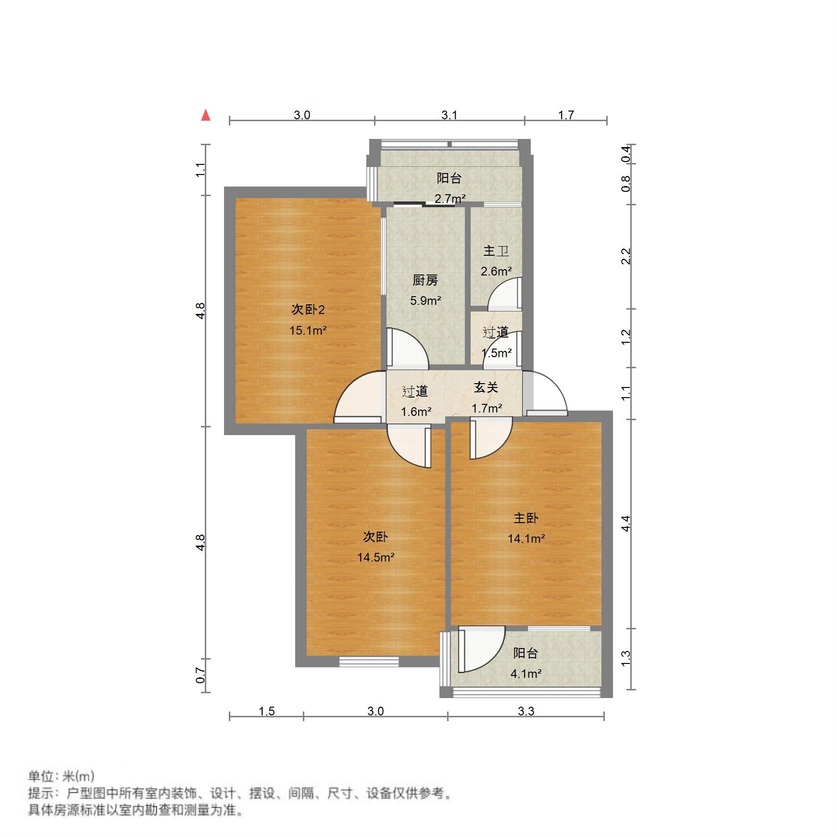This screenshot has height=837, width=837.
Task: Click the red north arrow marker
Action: click(206, 115)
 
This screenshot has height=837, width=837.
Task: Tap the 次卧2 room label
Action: click(308, 310)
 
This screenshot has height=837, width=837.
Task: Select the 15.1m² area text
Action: click(308, 331)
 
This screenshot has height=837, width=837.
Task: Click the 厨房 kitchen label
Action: click(425, 280)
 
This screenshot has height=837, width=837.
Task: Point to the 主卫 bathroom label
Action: click(496, 251)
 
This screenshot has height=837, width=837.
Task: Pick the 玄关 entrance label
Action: click(486, 387)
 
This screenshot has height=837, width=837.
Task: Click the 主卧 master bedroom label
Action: click(526, 518)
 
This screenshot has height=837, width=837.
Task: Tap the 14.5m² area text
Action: click(375, 558)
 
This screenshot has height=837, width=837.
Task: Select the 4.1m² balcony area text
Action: click(526, 674)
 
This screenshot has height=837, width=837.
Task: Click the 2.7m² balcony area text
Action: click(450, 199)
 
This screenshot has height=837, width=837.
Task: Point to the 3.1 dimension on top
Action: click(449, 115)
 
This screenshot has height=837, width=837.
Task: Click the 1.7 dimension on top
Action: click(566, 115)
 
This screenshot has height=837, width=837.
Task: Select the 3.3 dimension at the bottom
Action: click(526, 712)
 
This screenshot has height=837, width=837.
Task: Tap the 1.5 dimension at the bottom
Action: click(266, 712)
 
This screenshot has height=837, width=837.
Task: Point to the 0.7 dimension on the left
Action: click(201, 676)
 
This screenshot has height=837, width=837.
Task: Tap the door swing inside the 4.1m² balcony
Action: click(481, 649)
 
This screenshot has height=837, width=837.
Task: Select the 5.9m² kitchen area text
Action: click(425, 301)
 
